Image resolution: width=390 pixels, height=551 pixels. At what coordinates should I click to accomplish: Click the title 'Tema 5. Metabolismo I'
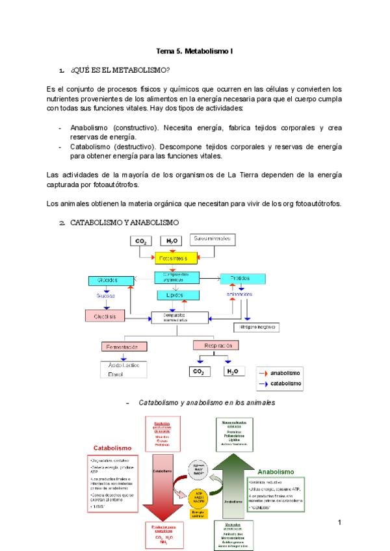click(x=195, y=51)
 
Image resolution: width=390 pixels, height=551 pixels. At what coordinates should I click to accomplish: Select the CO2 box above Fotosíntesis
click(x=140, y=241)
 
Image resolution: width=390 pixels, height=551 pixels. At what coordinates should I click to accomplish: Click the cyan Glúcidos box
click(x=107, y=280)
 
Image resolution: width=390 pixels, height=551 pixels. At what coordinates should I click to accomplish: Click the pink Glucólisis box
click(x=103, y=316)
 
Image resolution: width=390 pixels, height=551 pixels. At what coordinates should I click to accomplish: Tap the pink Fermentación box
click(x=123, y=346)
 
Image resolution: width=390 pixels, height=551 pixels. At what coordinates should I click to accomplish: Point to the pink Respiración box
click(x=218, y=345)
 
